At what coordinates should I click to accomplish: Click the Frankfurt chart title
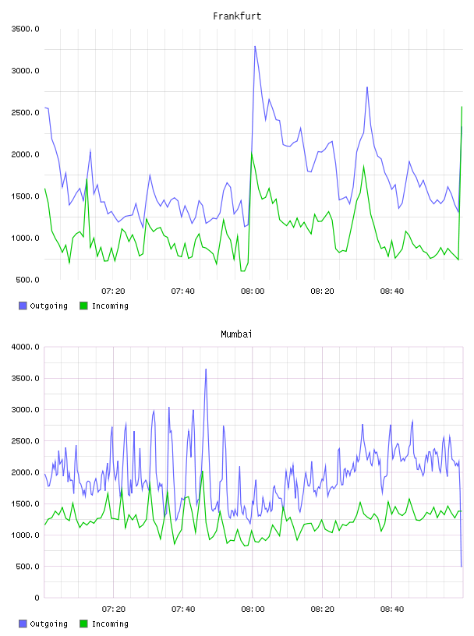[237, 16]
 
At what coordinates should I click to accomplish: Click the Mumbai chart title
[236, 334]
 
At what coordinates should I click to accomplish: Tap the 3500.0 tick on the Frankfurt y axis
[25, 29]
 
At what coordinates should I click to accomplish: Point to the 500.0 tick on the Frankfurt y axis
[27, 280]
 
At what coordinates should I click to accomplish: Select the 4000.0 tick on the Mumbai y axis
[25, 347]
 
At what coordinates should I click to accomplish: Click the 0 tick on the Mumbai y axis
[37, 598]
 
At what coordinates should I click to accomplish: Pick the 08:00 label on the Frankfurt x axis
[253, 291]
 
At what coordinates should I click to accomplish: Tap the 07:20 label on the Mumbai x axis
[114, 609]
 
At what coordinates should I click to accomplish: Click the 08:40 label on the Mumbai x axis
[392, 609]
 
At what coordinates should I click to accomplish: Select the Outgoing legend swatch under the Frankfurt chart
[23, 306]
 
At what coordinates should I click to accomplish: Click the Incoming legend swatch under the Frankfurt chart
[83, 306]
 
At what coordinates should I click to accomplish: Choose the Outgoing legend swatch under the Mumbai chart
[23, 624]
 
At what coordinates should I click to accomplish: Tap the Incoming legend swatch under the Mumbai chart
[83, 624]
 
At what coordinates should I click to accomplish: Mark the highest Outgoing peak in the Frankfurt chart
[255, 46]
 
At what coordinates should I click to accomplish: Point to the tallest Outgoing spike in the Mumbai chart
[206, 369]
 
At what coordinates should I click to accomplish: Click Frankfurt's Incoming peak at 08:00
[252, 154]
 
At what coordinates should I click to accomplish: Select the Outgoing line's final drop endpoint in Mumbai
[462, 566]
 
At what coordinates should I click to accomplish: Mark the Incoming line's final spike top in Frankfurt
[462, 107]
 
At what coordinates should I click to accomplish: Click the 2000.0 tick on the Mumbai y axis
[25, 472]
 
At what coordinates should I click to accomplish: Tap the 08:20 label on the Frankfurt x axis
[322, 291]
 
